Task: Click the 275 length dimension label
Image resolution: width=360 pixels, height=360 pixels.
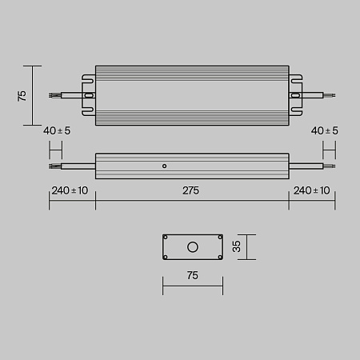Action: point(191,191)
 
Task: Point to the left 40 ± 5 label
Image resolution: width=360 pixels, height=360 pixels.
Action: point(58,130)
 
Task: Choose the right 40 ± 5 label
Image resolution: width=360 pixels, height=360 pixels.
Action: point(325,130)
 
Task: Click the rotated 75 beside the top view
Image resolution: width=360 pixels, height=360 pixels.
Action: point(22,95)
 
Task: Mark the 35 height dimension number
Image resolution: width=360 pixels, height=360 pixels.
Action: point(236,247)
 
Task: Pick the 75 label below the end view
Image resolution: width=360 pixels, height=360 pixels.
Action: point(192,275)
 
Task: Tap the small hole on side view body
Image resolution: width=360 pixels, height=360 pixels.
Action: point(164,166)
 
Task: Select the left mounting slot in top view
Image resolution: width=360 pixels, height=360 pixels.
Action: point(89,95)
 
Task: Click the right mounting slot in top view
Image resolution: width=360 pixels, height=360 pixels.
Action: point(295,95)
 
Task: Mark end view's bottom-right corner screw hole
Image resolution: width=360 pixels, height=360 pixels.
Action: point(218,257)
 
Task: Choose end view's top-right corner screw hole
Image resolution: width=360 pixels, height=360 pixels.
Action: point(218,238)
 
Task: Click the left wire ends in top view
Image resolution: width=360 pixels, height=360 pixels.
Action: point(54,95)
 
